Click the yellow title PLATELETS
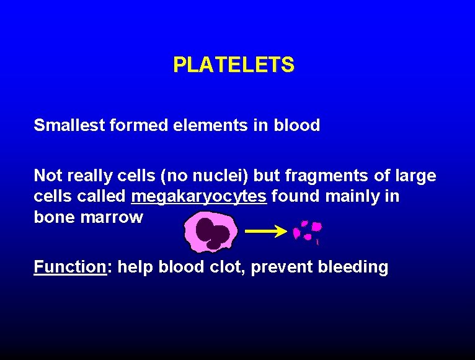coord(234,65)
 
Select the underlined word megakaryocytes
coord(199,197)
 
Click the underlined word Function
coord(70,268)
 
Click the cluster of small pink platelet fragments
coord(308,230)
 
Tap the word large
coord(416,176)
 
